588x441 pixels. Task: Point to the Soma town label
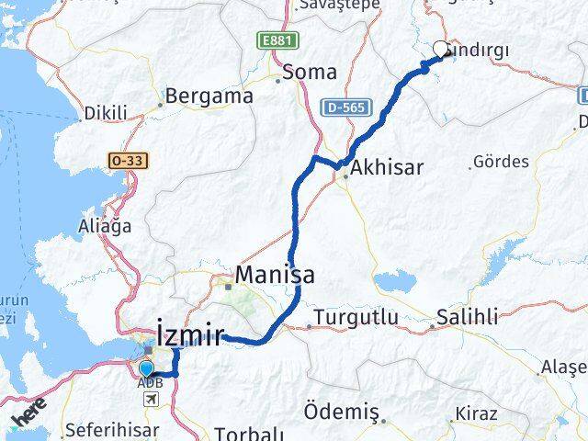(310, 72)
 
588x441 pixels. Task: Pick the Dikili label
(106, 113)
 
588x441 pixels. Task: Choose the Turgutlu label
(356, 318)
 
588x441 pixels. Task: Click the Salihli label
(467, 317)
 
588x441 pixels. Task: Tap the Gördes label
(501, 162)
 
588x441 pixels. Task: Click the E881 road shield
(273, 41)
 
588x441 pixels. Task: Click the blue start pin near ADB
(146, 369)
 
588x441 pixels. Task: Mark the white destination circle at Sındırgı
(441, 50)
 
